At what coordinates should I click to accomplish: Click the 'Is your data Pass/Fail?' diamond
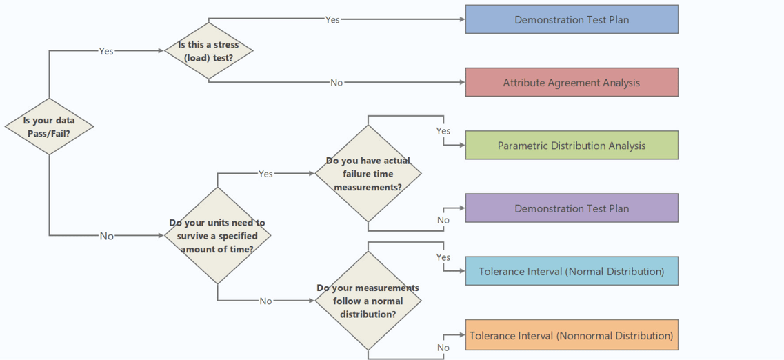pos(49,126)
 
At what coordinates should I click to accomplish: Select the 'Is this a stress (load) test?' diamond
pos(208,50)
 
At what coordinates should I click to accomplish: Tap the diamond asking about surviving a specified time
pos(217,236)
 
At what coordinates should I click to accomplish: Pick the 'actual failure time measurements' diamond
pos(368,173)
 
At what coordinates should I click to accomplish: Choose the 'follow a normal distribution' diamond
pos(368,301)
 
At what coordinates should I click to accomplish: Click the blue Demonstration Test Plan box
pos(572,19)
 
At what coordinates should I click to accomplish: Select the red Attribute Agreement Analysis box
pos(572,83)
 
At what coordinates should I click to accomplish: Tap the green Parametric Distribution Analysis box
pos(572,146)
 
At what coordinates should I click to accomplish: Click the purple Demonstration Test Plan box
pos(572,208)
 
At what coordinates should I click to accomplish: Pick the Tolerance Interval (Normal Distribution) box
pos(572,271)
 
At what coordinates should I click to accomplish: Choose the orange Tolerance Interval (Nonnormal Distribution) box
pos(572,336)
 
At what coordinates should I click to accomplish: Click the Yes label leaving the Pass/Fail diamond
pos(106,51)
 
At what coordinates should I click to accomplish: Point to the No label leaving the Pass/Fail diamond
pos(106,236)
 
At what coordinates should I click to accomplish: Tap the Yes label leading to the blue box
pos(332,20)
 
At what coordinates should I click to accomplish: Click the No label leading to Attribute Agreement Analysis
pos(336,83)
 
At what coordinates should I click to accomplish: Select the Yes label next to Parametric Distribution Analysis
pos(443,131)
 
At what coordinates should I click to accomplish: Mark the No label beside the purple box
pos(443,221)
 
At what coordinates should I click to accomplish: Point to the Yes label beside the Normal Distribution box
pos(443,257)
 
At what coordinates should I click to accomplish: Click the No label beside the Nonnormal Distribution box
pos(443,348)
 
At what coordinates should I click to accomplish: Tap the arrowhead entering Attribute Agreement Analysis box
pos(462,83)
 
